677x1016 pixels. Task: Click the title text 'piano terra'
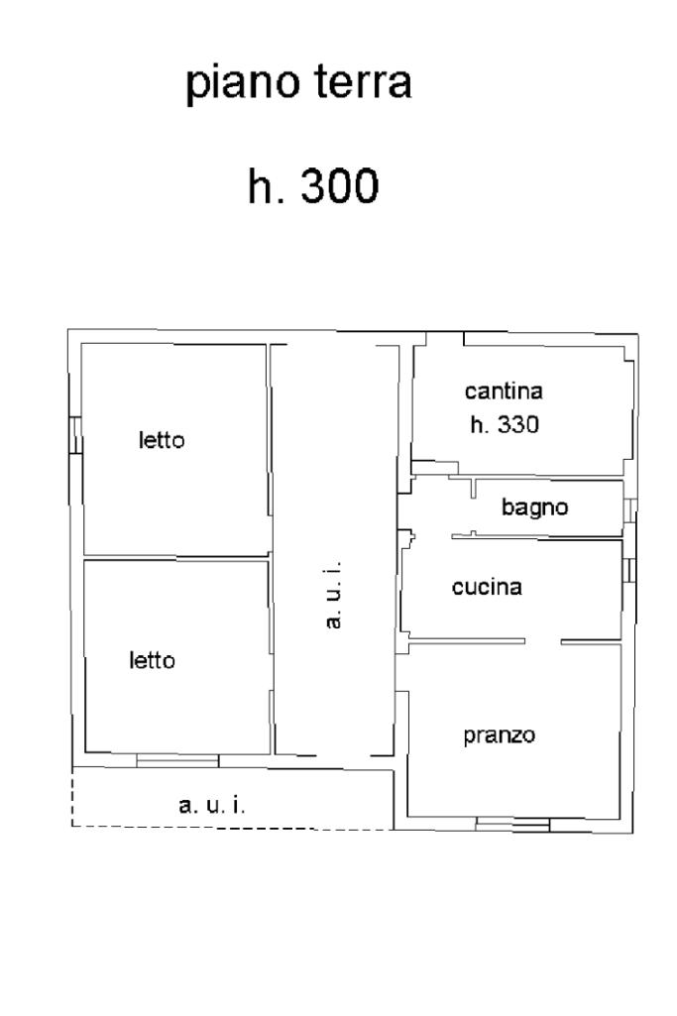(298, 84)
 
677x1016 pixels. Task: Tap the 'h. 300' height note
(313, 186)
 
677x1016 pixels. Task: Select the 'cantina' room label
(504, 391)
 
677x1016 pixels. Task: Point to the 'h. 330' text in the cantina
(505, 424)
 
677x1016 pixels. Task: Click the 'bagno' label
(534, 508)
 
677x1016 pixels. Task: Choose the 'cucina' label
(487, 587)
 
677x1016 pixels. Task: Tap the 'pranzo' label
(499, 735)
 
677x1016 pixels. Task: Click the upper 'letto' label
(162, 440)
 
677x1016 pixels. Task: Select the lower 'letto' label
(153, 660)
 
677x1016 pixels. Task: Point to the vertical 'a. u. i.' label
(333, 595)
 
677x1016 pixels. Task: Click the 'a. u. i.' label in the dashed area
(212, 805)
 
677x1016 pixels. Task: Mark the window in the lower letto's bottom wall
(177, 760)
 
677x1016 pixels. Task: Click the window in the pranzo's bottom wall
(513, 825)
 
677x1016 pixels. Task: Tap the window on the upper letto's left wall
(75, 435)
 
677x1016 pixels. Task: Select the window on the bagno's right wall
(629, 510)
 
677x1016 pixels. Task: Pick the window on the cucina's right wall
(628, 570)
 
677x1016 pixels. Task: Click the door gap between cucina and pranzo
(543, 642)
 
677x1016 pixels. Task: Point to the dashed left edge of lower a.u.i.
(72, 797)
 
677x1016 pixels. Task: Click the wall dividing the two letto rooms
(176, 557)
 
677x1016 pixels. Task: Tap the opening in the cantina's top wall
(445, 339)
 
